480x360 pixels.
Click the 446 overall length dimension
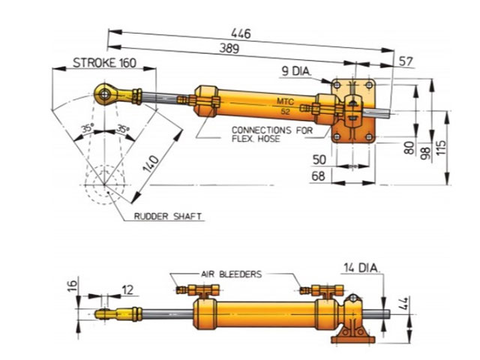241,33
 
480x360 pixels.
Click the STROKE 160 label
104,63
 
